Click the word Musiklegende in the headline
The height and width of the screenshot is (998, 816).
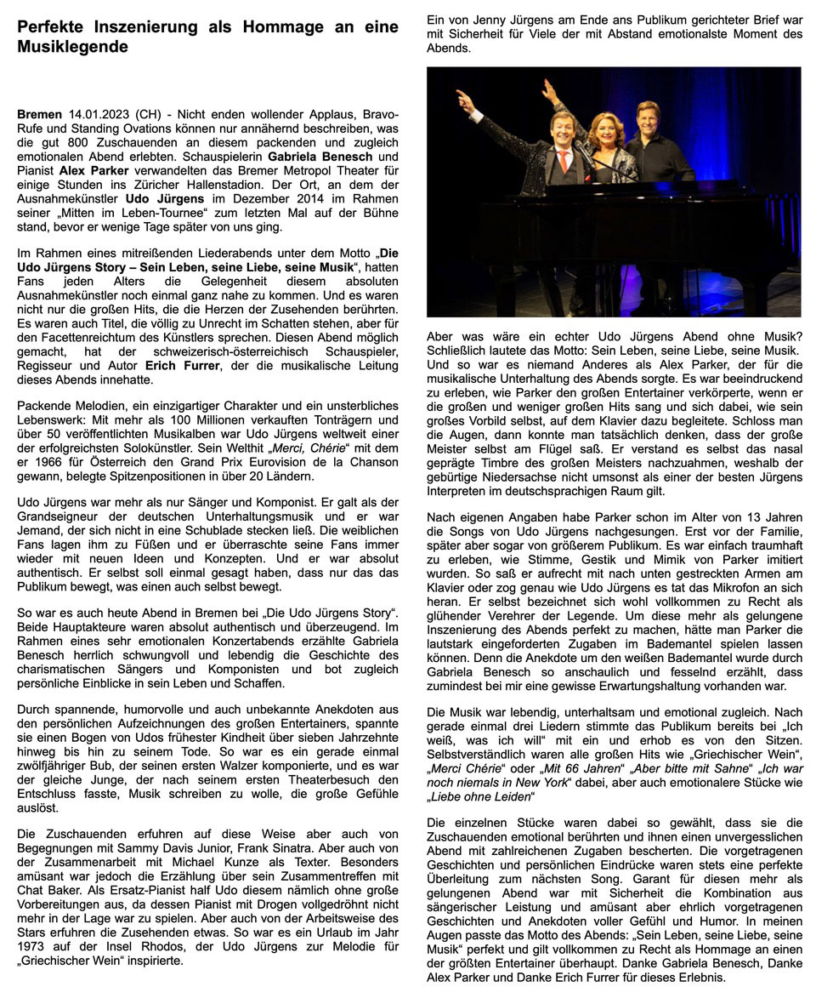click(x=73, y=47)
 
